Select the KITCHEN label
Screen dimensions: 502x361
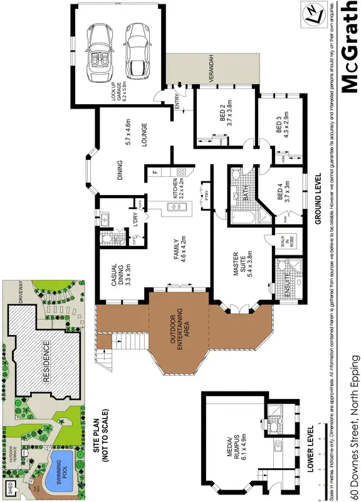click(178, 188)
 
